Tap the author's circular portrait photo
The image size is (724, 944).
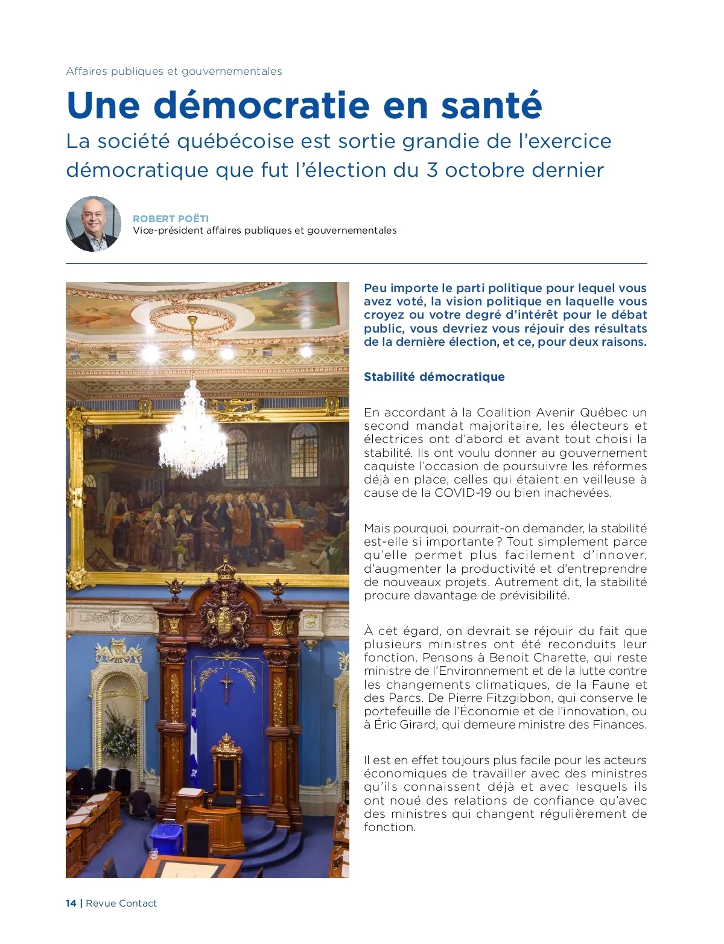pyautogui.click(x=94, y=224)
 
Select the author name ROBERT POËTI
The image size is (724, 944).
pyautogui.click(x=171, y=218)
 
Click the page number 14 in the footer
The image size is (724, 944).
pyautogui.click(x=71, y=903)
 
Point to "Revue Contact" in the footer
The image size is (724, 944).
pyautogui.click(x=121, y=903)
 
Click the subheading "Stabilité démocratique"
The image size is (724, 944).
pyautogui.click(x=434, y=377)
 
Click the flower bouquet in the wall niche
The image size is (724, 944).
pyautogui.click(x=119, y=733)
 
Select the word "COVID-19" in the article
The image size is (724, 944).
pyautogui.click(x=463, y=493)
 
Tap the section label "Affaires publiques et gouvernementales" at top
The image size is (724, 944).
pyautogui.click(x=174, y=71)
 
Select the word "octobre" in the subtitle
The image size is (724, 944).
pyautogui.click(x=477, y=170)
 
